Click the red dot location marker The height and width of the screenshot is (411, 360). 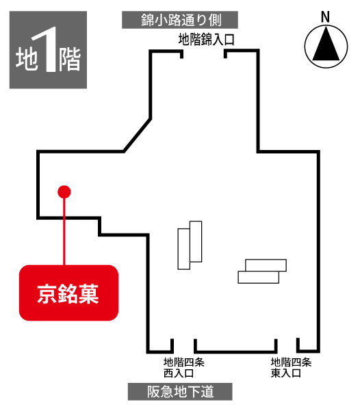click(x=64, y=192)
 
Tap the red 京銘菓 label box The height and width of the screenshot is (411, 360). click(x=68, y=292)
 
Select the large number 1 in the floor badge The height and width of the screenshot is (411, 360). click(x=47, y=49)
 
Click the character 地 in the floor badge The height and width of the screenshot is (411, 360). click(x=26, y=59)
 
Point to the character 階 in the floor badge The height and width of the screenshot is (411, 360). click(x=69, y=60)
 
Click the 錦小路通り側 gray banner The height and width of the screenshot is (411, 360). click(x=180, y=20)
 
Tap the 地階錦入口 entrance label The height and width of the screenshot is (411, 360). click(x=206, y=40)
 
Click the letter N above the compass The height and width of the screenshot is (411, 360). click(x=325, y=16)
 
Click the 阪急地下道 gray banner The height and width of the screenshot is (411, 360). click(x=180, y=392)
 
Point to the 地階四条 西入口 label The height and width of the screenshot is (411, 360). click(x=184, y=367)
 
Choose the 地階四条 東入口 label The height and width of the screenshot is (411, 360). click(x=291, y=367)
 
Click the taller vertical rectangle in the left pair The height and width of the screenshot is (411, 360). click(x=196, y=241)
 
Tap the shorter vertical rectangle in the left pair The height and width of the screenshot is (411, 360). click(x=184, y=249)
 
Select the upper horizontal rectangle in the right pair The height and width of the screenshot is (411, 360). click(x=266, y=265)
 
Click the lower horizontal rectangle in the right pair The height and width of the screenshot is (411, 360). click(x=259, y=277)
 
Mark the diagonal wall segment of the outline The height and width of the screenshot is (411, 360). click(x=137, y=135)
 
